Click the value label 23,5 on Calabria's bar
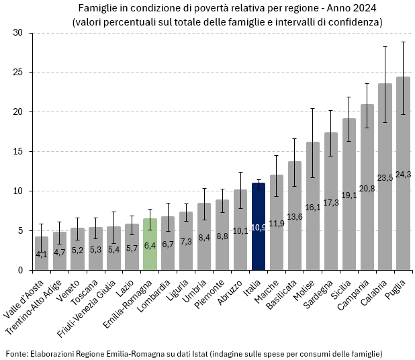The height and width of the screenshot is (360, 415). (385, 178)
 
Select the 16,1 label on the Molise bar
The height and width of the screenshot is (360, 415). (312, 208)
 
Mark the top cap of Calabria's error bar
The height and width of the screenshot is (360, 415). (385, 46)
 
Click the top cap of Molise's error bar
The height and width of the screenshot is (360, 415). (312, 108)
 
